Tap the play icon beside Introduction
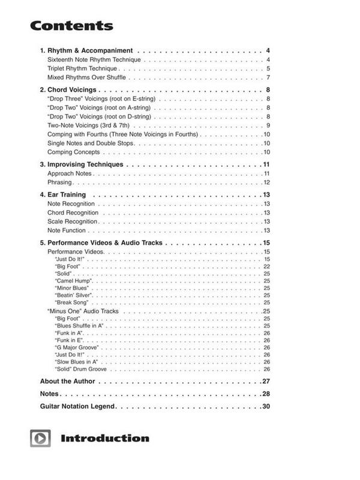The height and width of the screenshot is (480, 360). tap(40, 438)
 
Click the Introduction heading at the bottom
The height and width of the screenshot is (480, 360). tap(104, 438)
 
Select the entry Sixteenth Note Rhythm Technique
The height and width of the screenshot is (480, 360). tap(94, 60)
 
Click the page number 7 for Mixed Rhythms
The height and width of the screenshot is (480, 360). tap(268, 78)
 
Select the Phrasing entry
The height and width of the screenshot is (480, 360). tap(59, 182)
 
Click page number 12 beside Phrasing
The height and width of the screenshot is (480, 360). tap(266, 182)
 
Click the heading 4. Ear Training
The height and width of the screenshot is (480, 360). tap(62, 194)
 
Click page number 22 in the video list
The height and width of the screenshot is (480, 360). tap(266, 266)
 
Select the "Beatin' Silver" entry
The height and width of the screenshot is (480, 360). tap(74, 295)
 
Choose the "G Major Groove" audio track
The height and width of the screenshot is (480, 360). tap(77, 347)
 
